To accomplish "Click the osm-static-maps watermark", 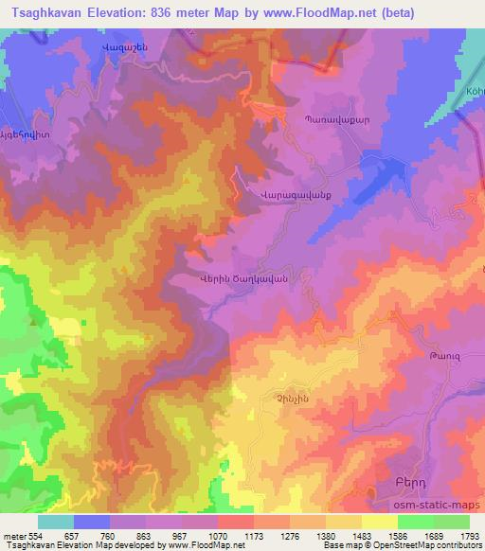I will point(437,507).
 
